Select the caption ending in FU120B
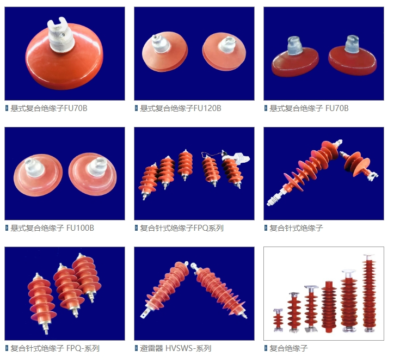[x=180, y=108]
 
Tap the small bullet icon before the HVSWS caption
[x=136, y=348]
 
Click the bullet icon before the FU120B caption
[x=136, y=108]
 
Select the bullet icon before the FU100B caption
[x=7, y=228]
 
